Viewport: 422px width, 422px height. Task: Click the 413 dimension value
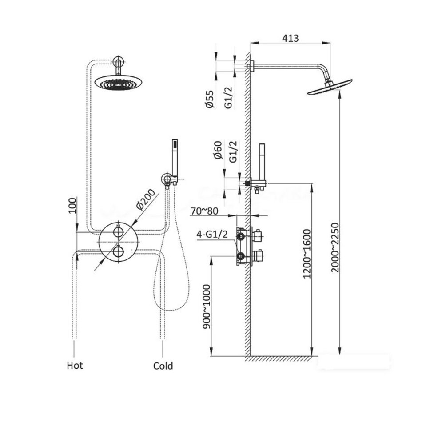pos(291,38)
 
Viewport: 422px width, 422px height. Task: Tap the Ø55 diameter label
pos(210,99)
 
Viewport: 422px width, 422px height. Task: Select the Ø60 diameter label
pos(218,150)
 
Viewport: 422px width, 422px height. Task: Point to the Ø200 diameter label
pos(146,199)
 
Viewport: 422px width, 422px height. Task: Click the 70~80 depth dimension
pos(204,211)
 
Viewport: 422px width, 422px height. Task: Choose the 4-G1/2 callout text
pos(212,235)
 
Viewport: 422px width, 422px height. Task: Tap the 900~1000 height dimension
pos(207,307)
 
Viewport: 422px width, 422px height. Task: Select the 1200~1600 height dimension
pos(307,254)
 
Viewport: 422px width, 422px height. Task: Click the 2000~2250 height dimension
pos(335,247)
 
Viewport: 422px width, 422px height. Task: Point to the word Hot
pos(75,366)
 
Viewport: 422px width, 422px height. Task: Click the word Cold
pos(163,366)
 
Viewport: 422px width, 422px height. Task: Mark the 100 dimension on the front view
pos(72,205)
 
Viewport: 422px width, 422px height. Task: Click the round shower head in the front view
pos(119,82)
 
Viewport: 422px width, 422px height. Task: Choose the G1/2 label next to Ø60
pos(233,151)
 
